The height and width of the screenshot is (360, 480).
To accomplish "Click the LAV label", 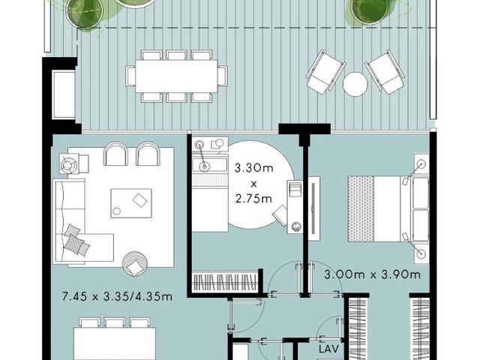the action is pos(328,349).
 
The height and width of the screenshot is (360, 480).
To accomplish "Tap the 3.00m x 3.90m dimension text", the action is pos(372,274).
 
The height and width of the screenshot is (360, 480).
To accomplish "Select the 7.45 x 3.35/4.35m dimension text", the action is pos(117,296).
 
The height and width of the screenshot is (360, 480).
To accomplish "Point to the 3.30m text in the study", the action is pos(253,168).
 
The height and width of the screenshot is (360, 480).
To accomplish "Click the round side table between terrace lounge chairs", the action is pos(355,85).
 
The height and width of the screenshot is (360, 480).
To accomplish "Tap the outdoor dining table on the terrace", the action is pos(176,76).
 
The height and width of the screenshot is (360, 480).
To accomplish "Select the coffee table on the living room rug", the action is pos(131,203).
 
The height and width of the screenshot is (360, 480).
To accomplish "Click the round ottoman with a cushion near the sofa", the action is pos(135,264).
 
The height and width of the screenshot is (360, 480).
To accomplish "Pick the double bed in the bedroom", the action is pos(388,208).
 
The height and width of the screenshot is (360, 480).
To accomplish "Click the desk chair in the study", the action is pos(280,216).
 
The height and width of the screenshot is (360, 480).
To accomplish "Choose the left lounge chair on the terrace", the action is pos(325,72).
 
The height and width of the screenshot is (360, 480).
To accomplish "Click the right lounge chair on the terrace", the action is pos(385,72).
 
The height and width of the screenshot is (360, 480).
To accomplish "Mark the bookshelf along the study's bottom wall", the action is pos(224,280).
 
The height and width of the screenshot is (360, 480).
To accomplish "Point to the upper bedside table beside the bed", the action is pos(421,164).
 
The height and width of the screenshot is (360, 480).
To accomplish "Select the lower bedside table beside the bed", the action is pos(421,253).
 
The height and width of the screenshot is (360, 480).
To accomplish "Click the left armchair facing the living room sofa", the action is pos(115,153).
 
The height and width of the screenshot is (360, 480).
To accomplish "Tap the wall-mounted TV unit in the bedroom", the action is pos(313,208).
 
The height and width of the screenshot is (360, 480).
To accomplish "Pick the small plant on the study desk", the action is pos(296,226).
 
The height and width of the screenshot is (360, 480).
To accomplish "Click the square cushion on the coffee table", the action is pos(140,200).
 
